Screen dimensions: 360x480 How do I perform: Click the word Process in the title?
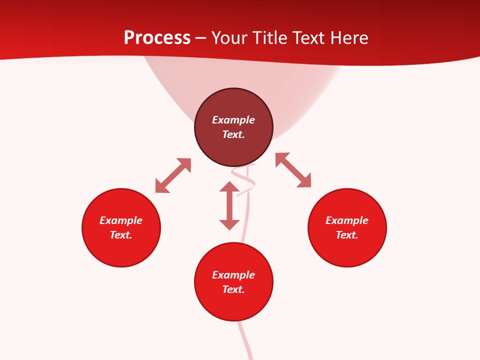[x=157, y=38]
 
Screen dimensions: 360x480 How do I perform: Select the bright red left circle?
[x=121, y=250]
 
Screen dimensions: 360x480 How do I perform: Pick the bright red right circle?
[x=347, y=250]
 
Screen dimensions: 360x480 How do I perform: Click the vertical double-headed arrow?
[x=229, y=205]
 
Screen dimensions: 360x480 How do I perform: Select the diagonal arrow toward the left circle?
[x=173, y=175]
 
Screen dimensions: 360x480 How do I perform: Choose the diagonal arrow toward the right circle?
[x=293, y=170]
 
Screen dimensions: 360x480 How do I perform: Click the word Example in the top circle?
[x=233, y=120]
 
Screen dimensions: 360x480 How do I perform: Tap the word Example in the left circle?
[x=121, y=220]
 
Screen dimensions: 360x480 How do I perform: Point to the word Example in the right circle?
[x=347, y=220]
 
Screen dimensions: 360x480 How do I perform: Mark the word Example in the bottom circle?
[x=233, y=275]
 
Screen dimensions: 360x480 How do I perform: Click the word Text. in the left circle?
[x=121, y=235]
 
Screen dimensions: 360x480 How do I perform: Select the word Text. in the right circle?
[x=347, y=235]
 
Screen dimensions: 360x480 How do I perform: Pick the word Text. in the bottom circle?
[x=233, y=289]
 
